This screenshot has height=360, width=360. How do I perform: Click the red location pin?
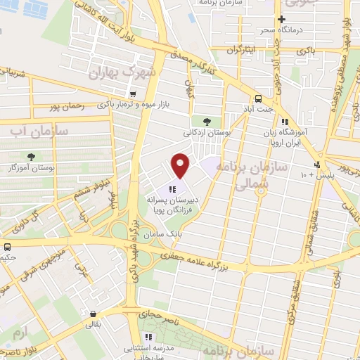coord(181,166)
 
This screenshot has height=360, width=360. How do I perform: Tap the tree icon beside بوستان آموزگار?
coord(32,156)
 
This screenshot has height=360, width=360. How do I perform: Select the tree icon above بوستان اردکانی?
coord(205,122)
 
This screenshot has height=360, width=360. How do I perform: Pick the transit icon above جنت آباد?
coord(259,98)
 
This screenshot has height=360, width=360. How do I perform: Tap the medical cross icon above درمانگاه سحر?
coord(281,20)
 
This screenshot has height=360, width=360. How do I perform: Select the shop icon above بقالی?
coord(93,314)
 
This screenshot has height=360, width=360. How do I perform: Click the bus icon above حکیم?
coord(7,247)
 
